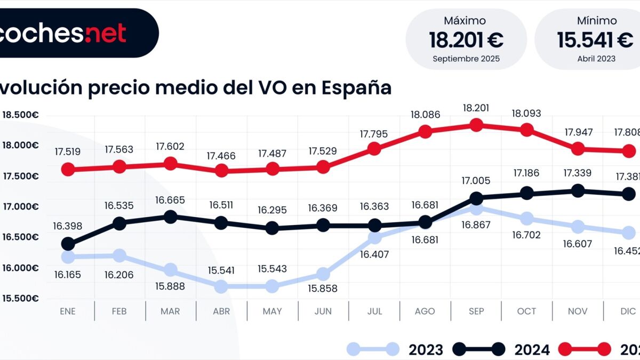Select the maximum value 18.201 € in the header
(466, 40)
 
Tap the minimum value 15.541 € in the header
(595, 40)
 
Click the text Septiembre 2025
(466, 59)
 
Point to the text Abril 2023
(596, 59)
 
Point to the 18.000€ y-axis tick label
(20, 146)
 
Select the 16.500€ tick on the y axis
(20, 237)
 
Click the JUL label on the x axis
(374, 311)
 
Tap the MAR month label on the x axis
(170, 311)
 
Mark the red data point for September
(476, 125)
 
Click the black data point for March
(171, 217)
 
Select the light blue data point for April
(221, 286)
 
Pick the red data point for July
(374, 149)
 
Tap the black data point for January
(68, 244)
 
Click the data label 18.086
(425, 114)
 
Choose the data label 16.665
(171, 200)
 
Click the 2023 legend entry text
(426, 350)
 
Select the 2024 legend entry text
(531, 350)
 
